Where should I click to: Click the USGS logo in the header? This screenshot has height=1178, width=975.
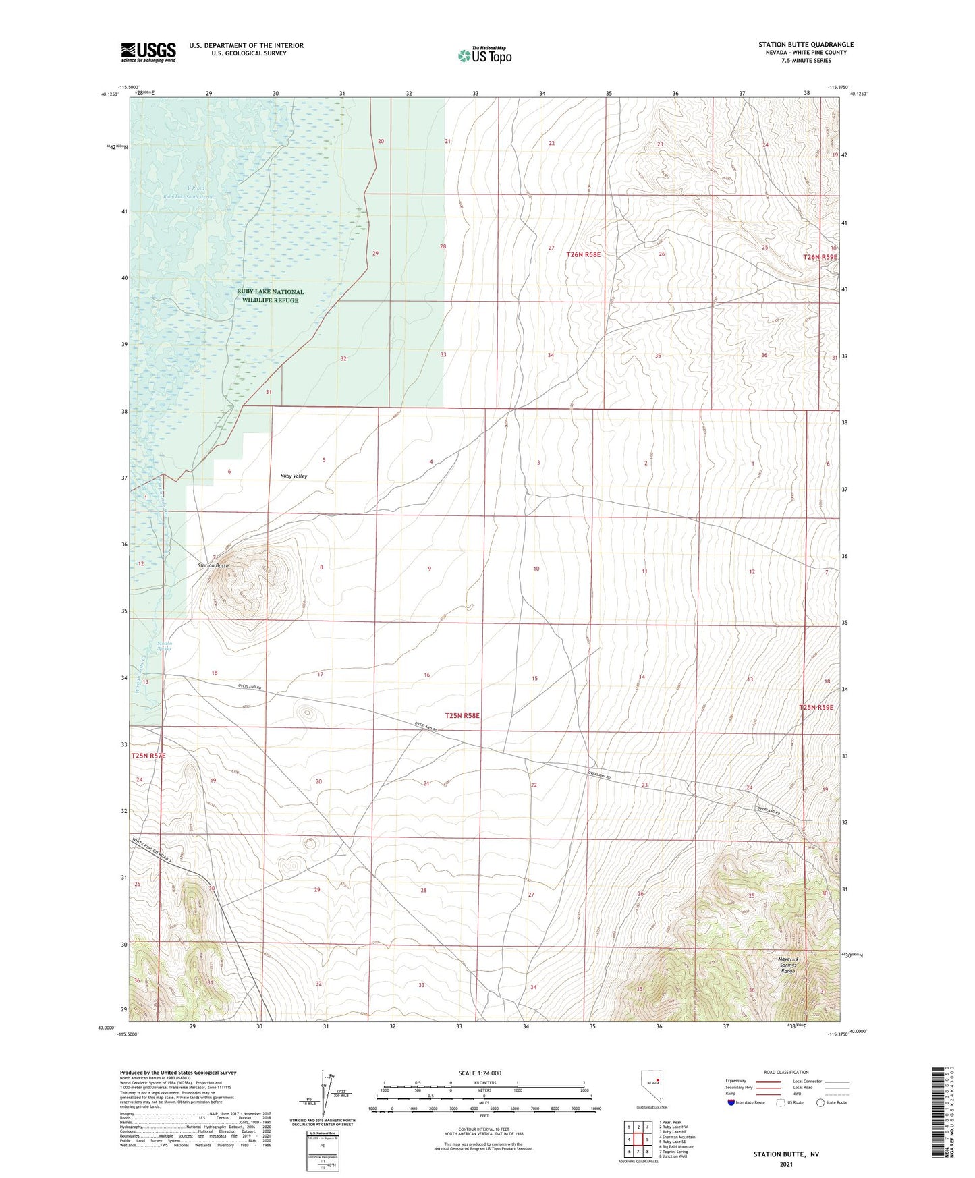tap(148, 52)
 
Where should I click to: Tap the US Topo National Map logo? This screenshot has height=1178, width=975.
tap(484, 55)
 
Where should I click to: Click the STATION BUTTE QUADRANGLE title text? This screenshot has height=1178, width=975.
tap(806, 45)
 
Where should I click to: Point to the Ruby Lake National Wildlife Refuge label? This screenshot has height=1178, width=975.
tap(270, 296)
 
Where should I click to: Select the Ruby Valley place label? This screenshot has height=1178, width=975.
tap(294, 476)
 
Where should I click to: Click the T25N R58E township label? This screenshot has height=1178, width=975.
tap(462, 715)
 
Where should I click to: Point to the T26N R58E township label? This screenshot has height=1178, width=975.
tap(583, 254)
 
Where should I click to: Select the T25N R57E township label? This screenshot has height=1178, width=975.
tap(148, 756)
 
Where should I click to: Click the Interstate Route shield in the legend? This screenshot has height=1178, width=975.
tap(732, 1102)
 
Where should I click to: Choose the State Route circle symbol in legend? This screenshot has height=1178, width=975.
tap(820, 1102)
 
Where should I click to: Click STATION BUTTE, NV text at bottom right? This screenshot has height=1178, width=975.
tap(786, 1154)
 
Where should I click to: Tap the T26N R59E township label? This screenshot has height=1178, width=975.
tap(820, 257)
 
